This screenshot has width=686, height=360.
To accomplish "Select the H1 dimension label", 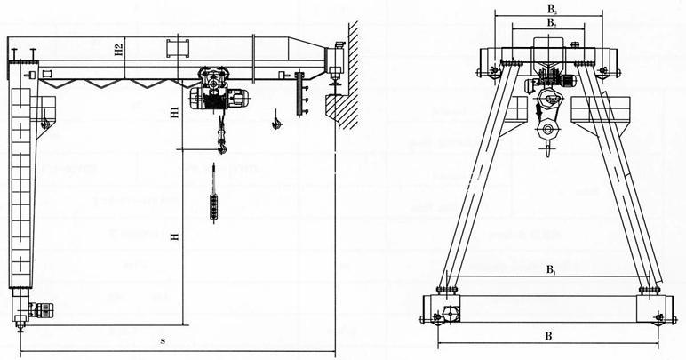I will (x=176, y=113).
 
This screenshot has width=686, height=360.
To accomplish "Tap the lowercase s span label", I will (x=163, y=340).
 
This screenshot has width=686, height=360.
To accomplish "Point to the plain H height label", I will (x=176, y=236).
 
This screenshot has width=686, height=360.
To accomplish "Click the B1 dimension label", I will (x=551, y=268).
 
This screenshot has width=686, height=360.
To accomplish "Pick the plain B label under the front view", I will (x=548, y=337).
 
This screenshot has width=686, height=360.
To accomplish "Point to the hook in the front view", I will (x=547, y=133).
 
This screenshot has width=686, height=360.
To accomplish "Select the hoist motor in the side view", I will (x=240, y=98).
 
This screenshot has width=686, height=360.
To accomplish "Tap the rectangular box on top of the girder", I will (x=177, y=47).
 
